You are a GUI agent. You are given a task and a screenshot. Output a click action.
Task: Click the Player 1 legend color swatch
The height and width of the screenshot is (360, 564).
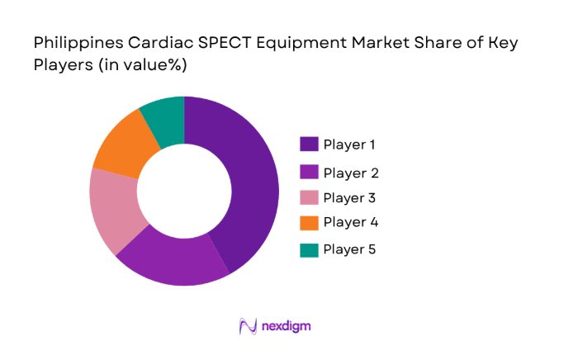(309, 144)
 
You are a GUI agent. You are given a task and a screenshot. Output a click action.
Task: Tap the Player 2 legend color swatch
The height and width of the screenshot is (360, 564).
(309, 173)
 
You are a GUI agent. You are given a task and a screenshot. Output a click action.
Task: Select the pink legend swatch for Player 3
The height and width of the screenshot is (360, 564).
(309, 198)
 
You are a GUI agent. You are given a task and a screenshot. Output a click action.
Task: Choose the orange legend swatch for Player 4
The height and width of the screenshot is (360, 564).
(309, 222)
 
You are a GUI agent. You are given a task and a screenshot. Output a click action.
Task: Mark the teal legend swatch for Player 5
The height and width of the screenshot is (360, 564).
(309, 249)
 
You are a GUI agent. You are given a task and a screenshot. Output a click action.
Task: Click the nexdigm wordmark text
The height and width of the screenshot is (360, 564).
(286, 326)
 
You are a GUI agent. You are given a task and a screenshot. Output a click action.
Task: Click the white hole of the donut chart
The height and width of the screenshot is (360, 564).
(184, 191)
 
